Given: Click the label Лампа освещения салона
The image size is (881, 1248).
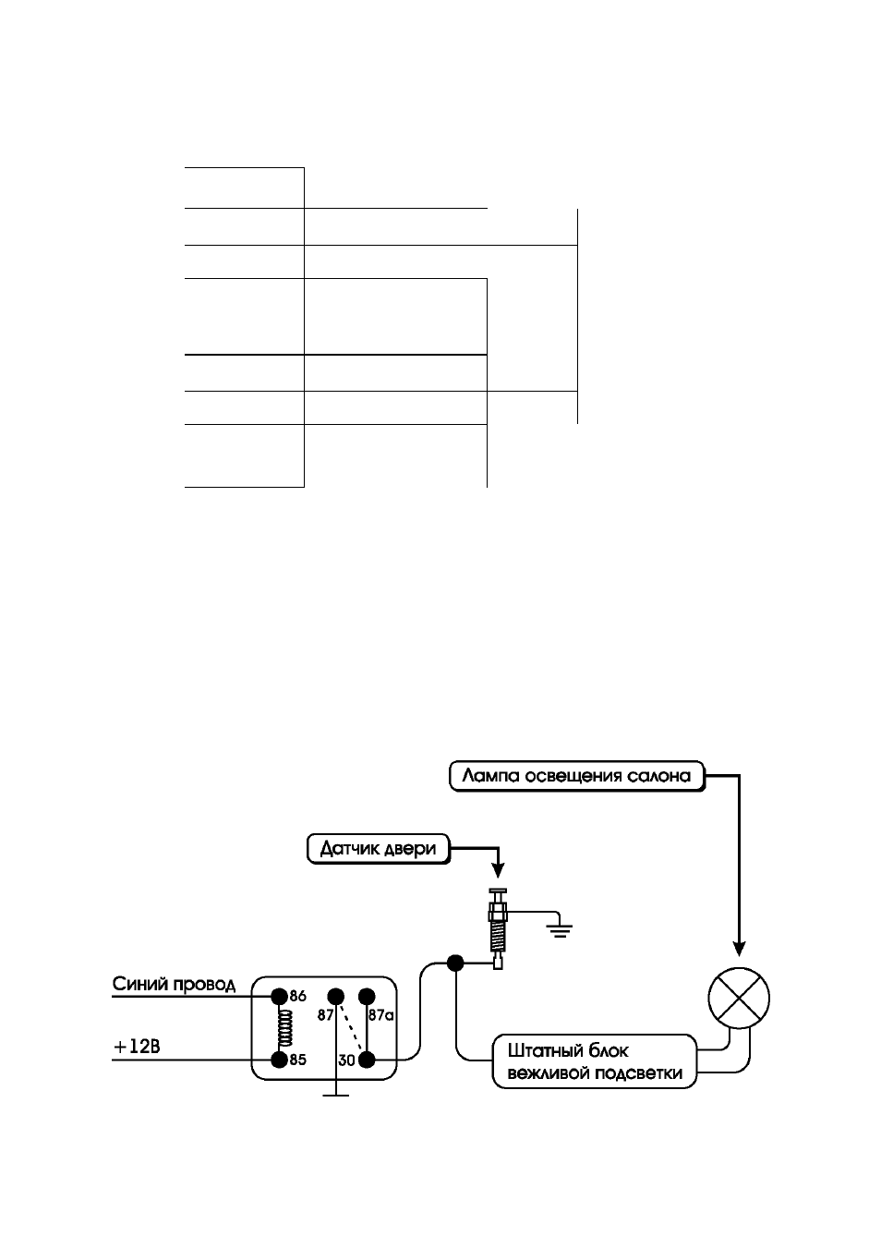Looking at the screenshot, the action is click(x=576, y=776).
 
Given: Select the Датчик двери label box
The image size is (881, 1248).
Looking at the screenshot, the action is click(x=378, y=849).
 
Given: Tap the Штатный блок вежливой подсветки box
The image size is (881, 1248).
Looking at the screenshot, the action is click(x=594, y=1061).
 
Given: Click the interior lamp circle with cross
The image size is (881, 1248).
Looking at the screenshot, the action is click(x=739, y=999).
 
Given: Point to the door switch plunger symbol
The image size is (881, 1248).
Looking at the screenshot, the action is click(x=498, y=928).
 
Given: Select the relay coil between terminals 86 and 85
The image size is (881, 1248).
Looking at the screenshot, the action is click(x=285, y=1028).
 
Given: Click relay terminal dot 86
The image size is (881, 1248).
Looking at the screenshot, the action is click(x=279, y=996).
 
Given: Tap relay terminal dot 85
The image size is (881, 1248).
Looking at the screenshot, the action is click(x=279, y=1060).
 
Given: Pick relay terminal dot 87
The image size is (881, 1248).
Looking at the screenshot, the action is click(x=335, y=996).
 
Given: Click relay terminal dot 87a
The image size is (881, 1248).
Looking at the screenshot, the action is click(x=367, y=996).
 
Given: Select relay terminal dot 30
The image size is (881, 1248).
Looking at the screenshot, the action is click(x=367, y=1060).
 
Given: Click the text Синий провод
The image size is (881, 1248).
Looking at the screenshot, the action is click(x=174, y=985).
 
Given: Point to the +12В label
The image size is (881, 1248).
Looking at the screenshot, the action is click(x=137, y=1048).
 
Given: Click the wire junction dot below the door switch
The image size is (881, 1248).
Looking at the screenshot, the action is click(x=455, y=963).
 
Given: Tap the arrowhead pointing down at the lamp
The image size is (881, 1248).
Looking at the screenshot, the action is click(x=739, y=950).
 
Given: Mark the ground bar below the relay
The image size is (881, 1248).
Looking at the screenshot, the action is click(x=335, y=1096).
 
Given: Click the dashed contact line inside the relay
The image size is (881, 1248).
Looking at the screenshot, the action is click(x=351, y=1028).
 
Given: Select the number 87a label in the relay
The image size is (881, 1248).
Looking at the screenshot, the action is click(x=380, y=1015).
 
